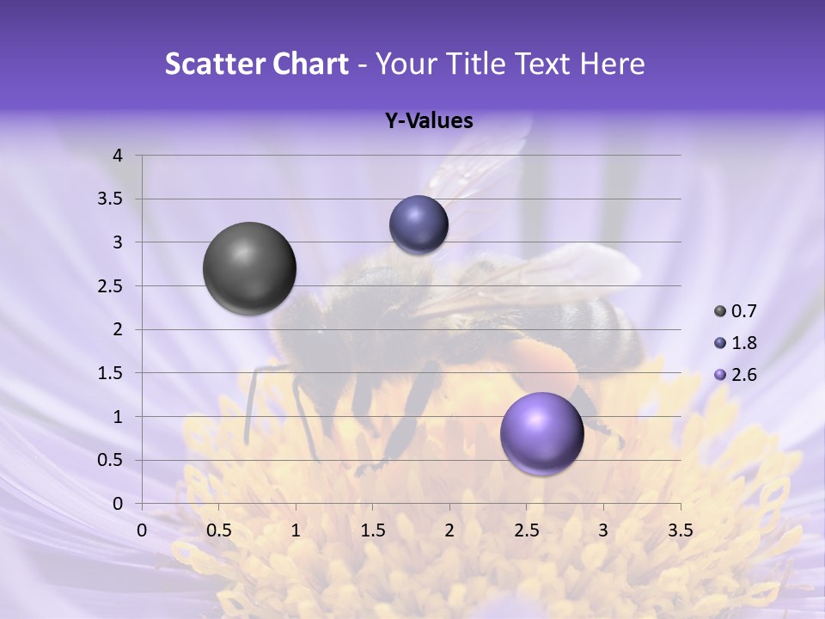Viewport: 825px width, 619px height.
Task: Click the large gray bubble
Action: click(x=249, y=268)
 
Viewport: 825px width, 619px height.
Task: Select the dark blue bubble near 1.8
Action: click(x=419, y=224)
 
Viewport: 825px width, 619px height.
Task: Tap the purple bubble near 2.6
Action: click(x=541, y=433)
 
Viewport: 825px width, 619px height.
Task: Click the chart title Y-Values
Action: click(x=429, y=121)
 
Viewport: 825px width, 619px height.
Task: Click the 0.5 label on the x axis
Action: click(x=219, y=530)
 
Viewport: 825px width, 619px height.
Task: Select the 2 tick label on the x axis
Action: click(x=449, y=530)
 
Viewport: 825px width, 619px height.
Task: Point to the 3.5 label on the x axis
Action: click(x=680, y=530)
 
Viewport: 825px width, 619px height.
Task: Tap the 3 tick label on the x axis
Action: click(x=603, y=530)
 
